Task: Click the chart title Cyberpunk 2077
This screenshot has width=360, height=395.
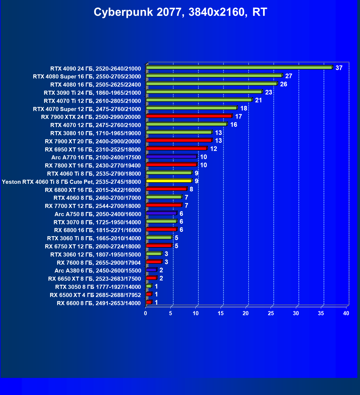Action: tap(180, 12)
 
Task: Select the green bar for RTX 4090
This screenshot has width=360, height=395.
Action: tap(239, 68)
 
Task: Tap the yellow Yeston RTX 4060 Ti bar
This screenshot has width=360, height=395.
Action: tap(169, 181)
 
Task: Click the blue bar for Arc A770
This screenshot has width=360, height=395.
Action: tap(171, 157)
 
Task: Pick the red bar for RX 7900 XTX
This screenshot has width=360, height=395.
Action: tap(189, 116)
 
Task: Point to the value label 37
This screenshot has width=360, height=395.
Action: tap(339, 68)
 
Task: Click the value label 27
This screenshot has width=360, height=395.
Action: tap(289, 76)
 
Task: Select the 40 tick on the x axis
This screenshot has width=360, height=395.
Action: tap(346, 313)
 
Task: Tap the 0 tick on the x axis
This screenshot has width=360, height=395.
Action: tap(146, 313)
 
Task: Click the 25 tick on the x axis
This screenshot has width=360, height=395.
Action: tap(271, 313)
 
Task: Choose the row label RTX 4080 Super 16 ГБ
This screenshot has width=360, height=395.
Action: tap(87, 77)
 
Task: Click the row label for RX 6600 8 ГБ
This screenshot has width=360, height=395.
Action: tap(99, 303)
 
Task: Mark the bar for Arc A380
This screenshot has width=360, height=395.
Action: tap(151, 270)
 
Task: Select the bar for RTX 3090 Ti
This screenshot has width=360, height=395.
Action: tap(204, 92)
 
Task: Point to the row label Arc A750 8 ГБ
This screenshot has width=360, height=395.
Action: tap(98, 214)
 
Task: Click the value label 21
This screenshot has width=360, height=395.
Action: tap(258, 100)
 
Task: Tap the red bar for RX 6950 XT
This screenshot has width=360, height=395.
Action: tap(177, 148)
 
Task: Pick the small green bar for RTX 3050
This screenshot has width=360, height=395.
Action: tap(149, 286)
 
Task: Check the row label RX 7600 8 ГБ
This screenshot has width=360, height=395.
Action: tap(99, 263)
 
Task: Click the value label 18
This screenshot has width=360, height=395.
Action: tap(244, 108)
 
